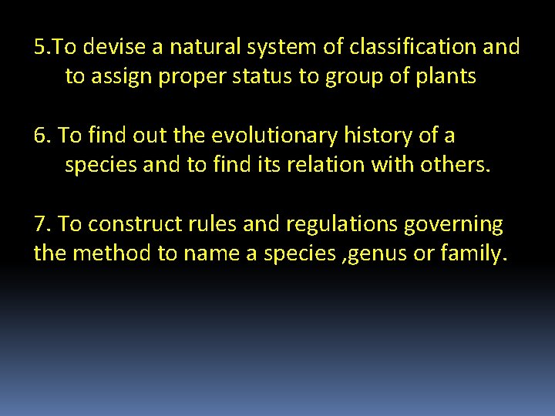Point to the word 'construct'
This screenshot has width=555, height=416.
[x=134, y=225]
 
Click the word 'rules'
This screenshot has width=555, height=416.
[x=217, y=225]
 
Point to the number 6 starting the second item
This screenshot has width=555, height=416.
[x=41, y=136]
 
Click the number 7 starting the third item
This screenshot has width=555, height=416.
[x=40, y=225]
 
